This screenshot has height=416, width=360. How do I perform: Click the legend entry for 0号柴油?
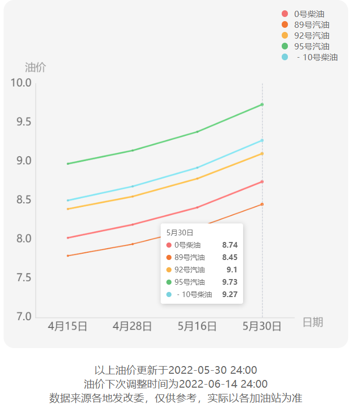pyautogui.click(x=309, y=14)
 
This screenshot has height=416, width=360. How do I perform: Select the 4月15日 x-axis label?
pyautogui.click(x=67, y=326)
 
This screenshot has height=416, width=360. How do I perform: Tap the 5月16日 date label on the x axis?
pyautogui.click(x=197, y=326)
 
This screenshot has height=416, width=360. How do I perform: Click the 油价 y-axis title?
pyautogui.click(x=36, y=67)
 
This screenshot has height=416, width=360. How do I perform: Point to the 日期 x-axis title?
pyautogui.click(x=313, y=322)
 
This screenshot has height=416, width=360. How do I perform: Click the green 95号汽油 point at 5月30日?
pyautogui.click(x=262, y=105)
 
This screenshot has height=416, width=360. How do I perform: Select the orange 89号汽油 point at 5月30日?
pyautogui.click(x=262, y=204)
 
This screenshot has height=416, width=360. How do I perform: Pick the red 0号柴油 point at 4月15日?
pyautogui.click(x=67, y=238)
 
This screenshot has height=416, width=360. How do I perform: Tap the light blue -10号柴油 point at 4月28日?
pyautogui.click(x=132, y=186)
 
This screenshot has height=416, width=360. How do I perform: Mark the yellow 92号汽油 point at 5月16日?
pyautogui.click(x=197, y=179)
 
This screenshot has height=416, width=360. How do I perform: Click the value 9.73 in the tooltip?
pyautogui.click(x=230, y=282)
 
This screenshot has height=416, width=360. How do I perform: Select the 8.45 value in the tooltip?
pyautogui.click(x=230, y=257)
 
